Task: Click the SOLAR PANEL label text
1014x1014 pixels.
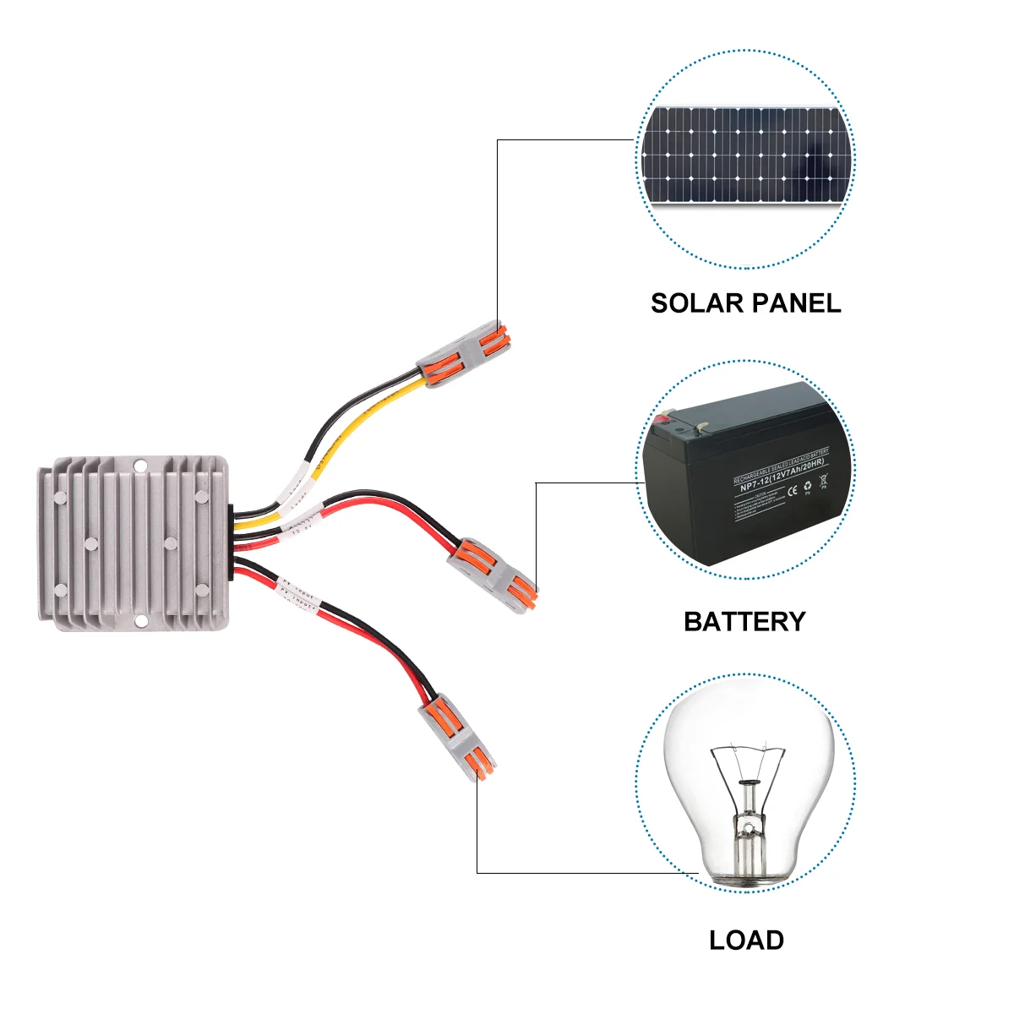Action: (745, 303)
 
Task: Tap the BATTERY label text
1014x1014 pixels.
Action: (744, 622)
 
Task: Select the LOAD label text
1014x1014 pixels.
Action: (746, 940)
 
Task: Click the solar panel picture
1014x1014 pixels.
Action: (745, 155)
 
